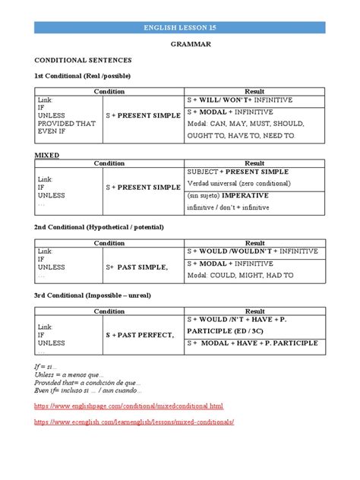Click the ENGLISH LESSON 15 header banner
179,27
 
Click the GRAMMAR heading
179,44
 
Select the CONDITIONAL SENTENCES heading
83,59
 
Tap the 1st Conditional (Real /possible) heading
82,76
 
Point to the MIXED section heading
47,154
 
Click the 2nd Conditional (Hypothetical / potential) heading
99,227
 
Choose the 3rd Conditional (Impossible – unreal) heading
96,300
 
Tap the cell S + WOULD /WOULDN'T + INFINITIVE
252,251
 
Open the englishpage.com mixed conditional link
129,406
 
